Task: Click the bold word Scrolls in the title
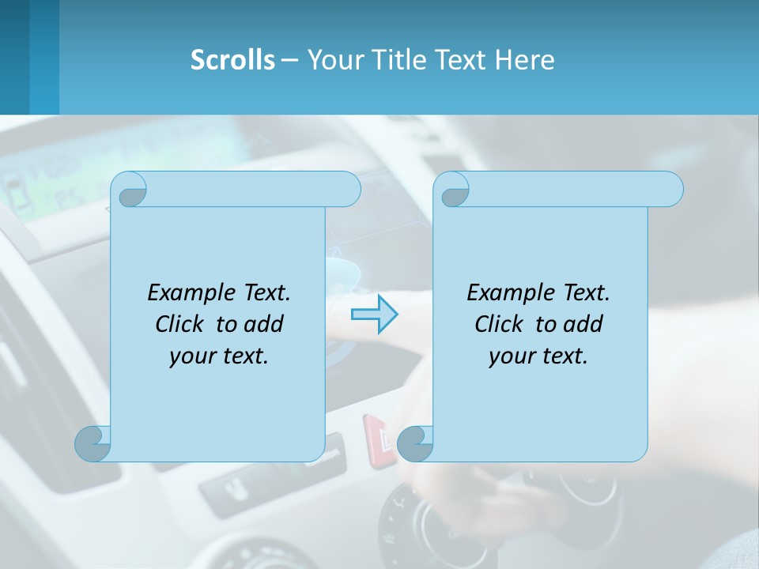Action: click(x=232, y=60)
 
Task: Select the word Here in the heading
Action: click(x=524, y=60)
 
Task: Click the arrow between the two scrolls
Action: click(x=374, y=315)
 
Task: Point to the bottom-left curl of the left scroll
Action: click(x=93, y=443)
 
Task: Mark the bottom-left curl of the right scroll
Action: click(x=415, y=443)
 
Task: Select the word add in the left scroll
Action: click(x=264, y=324)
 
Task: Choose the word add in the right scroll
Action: click(x=583, y=324)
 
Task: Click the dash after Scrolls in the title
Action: click(x=289, y=60)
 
